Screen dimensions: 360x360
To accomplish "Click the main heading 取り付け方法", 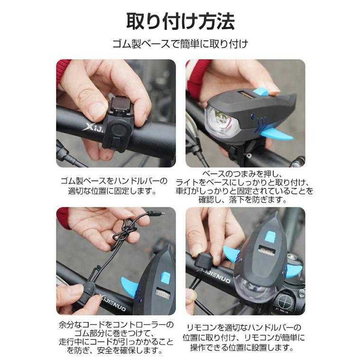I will [180, 21].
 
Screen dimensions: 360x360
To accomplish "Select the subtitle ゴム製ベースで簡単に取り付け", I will [180, 45].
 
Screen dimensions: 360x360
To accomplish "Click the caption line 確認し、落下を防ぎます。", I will [244, 199].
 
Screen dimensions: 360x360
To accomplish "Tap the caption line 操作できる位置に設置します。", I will [244, 347].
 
